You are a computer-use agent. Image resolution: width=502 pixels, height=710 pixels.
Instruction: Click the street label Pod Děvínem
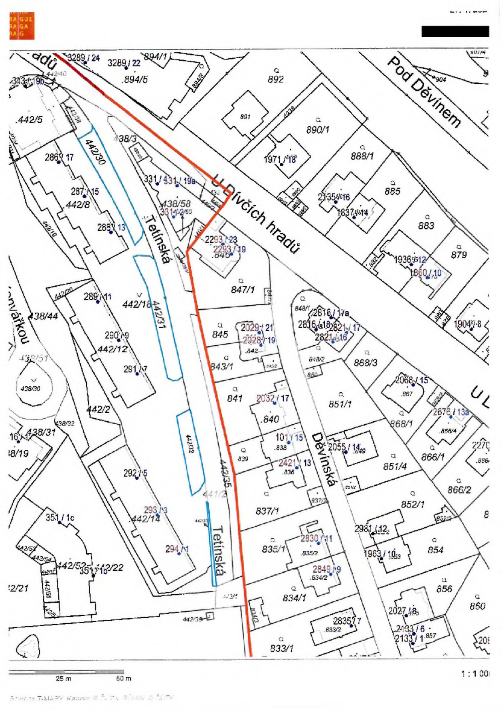tap(425, 92)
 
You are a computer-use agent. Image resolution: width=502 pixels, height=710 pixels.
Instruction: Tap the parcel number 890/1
tap(318, 130)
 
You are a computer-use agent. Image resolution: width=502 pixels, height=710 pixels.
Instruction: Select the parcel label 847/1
tap(243, 289)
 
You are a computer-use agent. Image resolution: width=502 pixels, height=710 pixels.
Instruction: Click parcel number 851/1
tap(340, 404)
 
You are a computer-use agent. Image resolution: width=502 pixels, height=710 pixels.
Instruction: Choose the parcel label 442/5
tap(29, 120)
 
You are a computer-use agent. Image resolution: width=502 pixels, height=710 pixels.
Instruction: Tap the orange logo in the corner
tap(21, 26)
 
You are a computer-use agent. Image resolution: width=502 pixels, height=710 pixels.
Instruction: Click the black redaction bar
tap(455, 31)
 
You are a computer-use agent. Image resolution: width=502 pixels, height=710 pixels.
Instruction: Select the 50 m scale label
tap(123, 678)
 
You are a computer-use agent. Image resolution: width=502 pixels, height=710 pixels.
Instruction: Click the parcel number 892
tap(276, 79)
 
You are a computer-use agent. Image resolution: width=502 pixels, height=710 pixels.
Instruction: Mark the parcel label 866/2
tap(459, 490)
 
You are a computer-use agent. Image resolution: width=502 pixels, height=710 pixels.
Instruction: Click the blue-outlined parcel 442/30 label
tap(96, 152)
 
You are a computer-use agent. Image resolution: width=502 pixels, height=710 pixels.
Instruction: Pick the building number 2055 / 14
tap(344, 447)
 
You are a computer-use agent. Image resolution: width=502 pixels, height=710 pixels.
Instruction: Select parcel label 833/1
tap(281, 648)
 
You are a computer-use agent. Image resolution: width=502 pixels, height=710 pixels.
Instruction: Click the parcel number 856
tap(444, 589)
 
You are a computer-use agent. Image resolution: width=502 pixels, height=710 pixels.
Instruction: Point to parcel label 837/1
tap(267, 511)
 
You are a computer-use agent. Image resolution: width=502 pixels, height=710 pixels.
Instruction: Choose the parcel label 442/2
tap(98, 410)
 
